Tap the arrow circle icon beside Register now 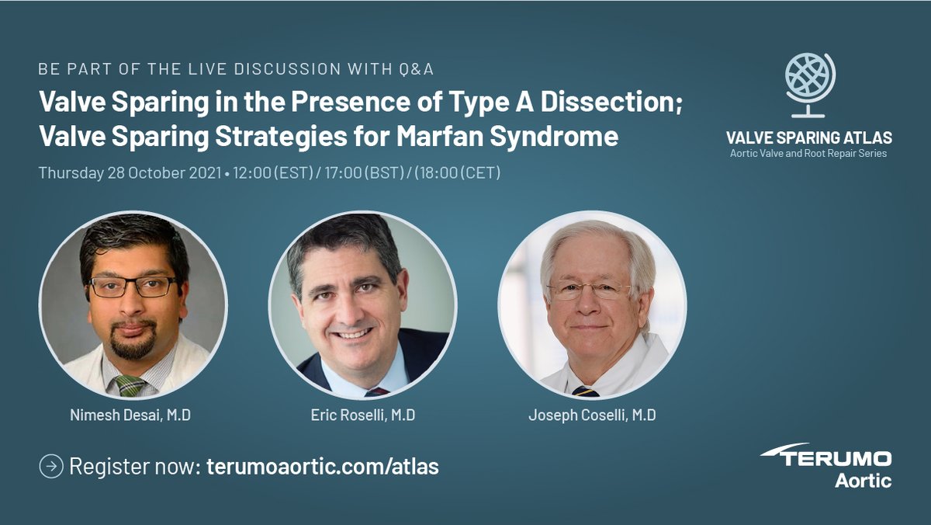pyautogui.click(x=50, y=467)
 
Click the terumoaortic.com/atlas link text pyautogui.click(x=323, y=467)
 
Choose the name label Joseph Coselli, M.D pyautogui.click(x=592, y=415)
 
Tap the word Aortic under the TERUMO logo pyautogui.click(x=863, y=481)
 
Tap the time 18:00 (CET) pyautogui.click(x=457, y=172)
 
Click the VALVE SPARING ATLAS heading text pyautogui.click(x=808, y=137)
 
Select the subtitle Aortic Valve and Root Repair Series pyautogui.click(x=808, y=154)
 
